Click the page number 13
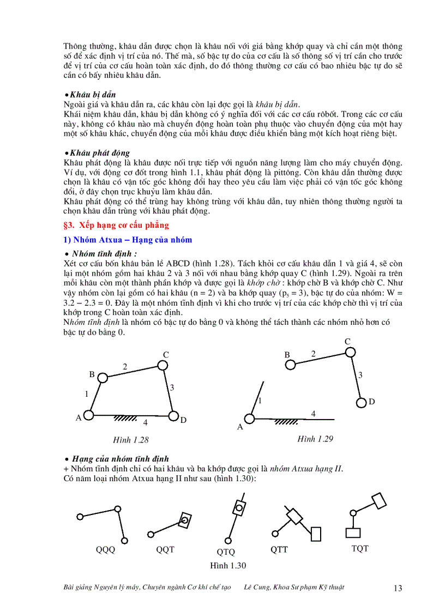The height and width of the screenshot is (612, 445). coord(398,588)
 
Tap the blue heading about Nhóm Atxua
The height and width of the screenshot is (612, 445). coord(128,240)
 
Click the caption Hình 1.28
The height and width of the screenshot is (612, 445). coord(131,440)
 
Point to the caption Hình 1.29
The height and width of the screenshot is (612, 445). coord(316,439)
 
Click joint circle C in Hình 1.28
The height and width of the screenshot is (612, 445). coord(166,366)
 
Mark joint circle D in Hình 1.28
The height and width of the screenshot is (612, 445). coord(174,416)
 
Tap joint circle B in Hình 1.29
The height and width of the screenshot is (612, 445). coord(291,364)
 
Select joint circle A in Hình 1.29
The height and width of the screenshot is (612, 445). coord(250,419)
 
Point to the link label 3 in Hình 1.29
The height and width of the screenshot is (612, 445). coord(360,375)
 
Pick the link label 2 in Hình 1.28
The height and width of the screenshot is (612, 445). coord(125,367)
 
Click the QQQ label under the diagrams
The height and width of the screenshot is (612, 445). coord(105,549)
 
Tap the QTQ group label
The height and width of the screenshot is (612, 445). coord(226,552)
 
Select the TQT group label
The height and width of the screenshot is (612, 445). coord(360,548)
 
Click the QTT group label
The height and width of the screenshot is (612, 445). coord(279,549)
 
